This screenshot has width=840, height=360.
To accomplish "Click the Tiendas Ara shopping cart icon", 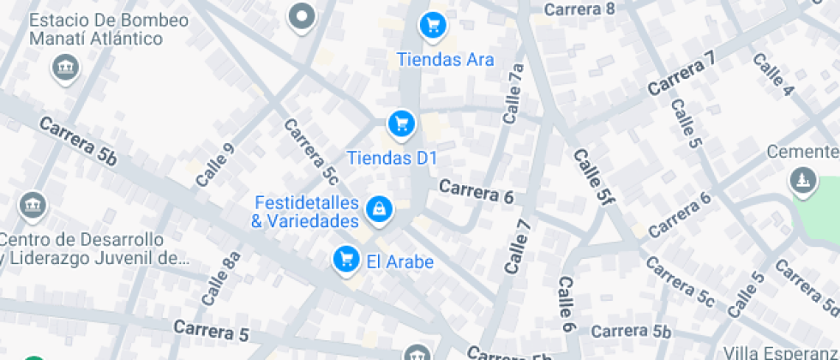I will point(433,25).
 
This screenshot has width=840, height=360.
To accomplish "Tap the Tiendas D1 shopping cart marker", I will point(400,124).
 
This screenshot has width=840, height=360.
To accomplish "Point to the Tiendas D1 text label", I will point(392,158).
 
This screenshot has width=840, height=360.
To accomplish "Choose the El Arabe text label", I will point(399,262).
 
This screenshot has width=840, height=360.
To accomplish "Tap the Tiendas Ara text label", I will point(446,60).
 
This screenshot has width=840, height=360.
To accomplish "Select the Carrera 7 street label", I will point(681,75).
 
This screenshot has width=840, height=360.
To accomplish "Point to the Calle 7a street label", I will point(513,94).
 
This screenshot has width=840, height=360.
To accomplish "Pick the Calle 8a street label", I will point(221,279).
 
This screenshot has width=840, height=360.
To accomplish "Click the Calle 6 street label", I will point(567,304).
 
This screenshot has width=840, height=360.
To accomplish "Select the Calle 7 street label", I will point(519,247).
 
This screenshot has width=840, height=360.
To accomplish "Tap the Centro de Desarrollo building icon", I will point(33,205).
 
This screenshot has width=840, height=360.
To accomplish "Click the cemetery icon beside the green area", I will point(801,180).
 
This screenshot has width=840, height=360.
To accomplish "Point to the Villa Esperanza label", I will point(780,352).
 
